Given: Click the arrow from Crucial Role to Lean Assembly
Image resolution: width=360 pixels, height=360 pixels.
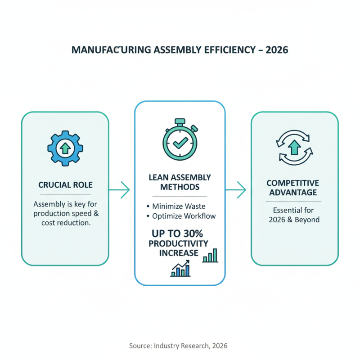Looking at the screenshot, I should click(x=119, y=190).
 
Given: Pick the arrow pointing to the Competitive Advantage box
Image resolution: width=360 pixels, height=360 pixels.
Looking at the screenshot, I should click(x=236, y=190).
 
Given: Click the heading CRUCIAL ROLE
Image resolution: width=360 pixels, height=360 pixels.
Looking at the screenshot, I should click(x=65, y=185).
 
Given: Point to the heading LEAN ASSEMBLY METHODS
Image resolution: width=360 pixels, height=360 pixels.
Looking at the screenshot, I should click(x=180, y=182).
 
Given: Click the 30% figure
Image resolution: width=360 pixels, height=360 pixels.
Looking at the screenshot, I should click(x=191, y=234).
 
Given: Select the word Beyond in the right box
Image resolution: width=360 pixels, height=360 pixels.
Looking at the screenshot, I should click(x=308, y=220).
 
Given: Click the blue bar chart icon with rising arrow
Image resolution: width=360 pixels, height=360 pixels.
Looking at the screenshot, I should click(x=180, y=269).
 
